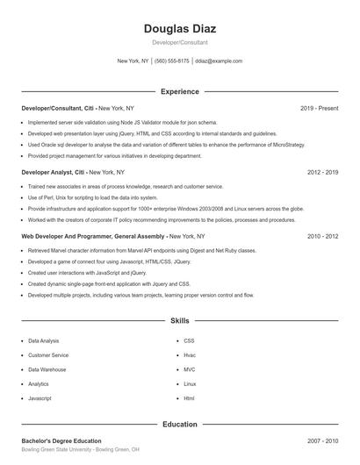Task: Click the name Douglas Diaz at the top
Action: coord(179,28)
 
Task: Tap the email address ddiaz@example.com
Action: coord(219,61)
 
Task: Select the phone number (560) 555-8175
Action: coord(173,61)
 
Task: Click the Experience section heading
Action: coord(179,91)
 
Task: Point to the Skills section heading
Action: coord(179,322)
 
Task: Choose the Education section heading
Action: coord(179,425)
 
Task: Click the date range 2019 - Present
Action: coord(319,108)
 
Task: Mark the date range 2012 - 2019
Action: coord(322,173)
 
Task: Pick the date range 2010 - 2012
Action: coord(322,237)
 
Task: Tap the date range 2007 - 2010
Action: coord(322,440)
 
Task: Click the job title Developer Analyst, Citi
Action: coord(54,173)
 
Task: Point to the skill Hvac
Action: coord(190,354)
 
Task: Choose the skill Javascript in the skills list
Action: coord(40,398)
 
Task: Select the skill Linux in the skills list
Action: coord(190,383)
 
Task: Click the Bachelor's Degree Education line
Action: coord(61,440)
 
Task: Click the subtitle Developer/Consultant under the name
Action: coord(179,42)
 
